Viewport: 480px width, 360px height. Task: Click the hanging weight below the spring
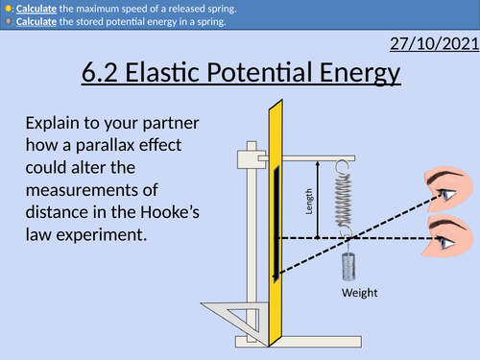pos(348,263)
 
